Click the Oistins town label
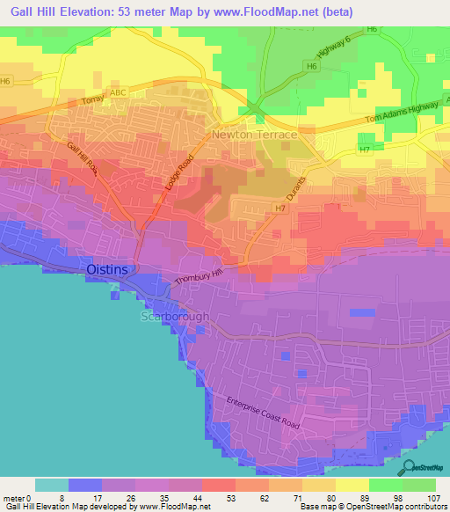click(112, 268)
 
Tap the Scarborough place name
click(177, 317)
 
